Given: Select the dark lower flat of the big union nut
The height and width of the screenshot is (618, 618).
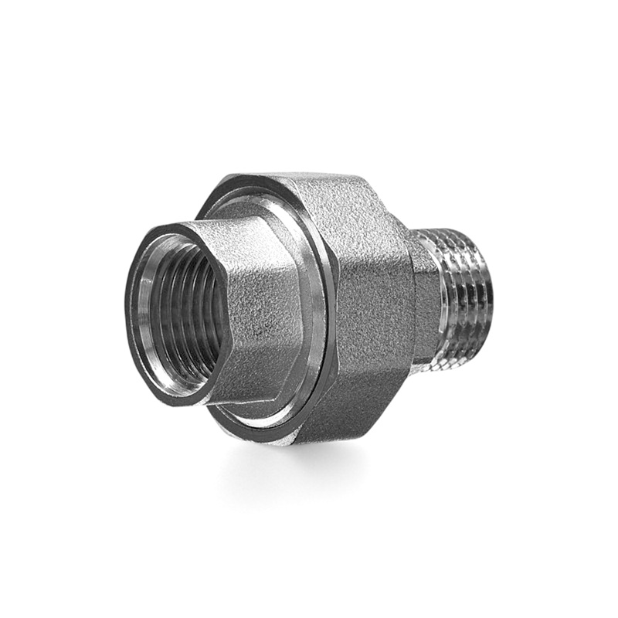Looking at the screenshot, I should pos(355,409).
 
